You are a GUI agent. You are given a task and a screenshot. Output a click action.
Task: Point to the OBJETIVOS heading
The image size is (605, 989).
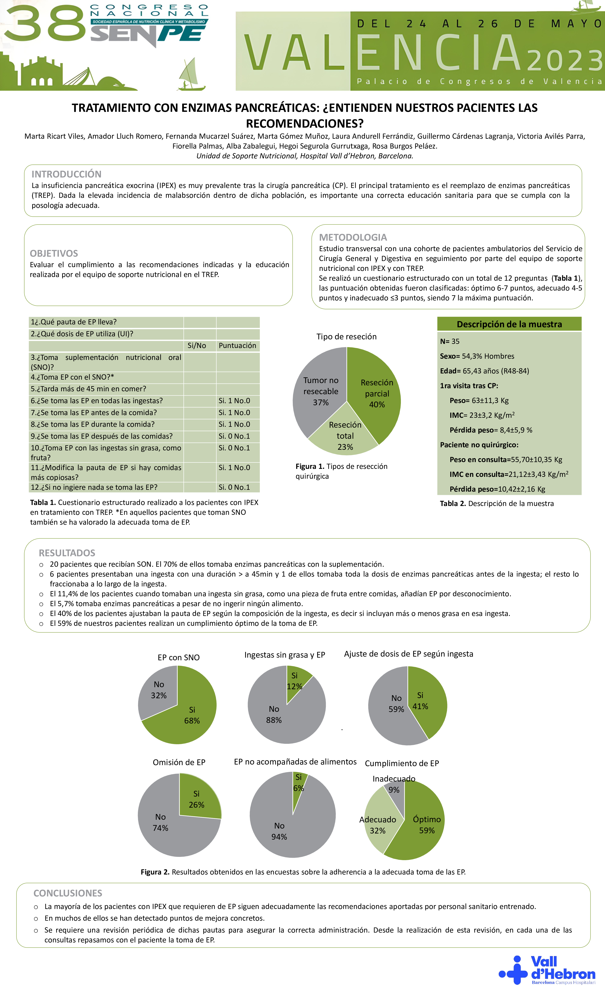click(54, 253)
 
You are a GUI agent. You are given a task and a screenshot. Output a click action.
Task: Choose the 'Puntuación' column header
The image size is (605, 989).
click(238, 346)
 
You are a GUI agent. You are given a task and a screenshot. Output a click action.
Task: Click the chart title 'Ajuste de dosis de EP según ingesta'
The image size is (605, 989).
click(408, 654)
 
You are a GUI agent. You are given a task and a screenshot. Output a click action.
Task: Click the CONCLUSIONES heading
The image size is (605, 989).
click(68, 893)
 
